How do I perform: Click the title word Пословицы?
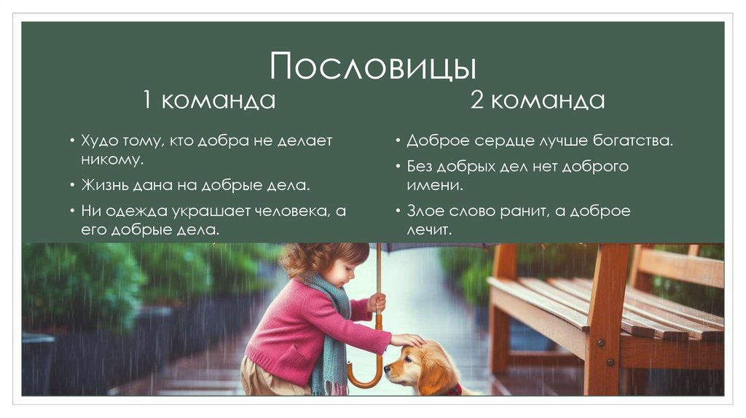coord(372,67)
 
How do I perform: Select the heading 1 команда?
coord(209,100)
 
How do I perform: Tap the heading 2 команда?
coord(537,100)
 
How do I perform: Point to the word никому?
coord(111,158)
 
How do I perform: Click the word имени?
coord(434,185)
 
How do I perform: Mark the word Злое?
coord(426,211)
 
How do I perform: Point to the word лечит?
coord(429,229)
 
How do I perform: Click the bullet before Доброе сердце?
coord(398,141)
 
